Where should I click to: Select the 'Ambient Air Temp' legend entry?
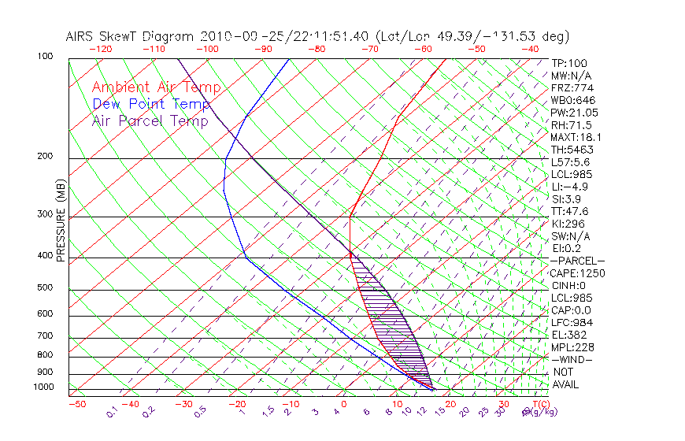157,87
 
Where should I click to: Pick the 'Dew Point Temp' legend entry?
151,104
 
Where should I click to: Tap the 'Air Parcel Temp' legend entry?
150,120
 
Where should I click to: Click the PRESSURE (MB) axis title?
61,221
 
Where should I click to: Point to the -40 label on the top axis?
530,49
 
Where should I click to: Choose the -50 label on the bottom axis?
76,405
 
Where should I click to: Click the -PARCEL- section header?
577,261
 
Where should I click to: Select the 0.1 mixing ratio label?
112,412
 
